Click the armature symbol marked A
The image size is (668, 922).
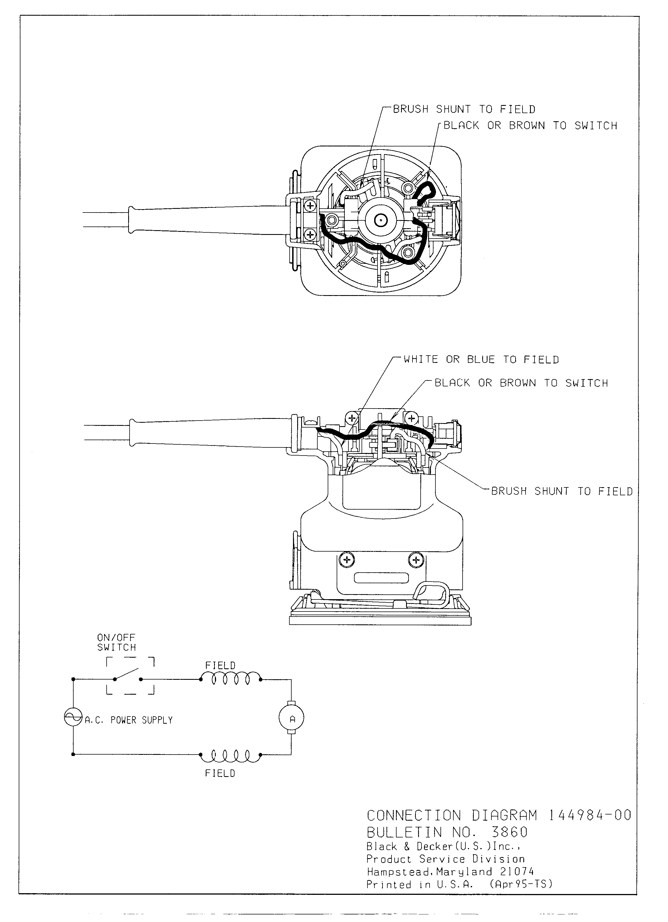(291, 719)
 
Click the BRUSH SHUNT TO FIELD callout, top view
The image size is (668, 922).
(464, 109)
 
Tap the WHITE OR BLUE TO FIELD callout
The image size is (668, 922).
(481, 360)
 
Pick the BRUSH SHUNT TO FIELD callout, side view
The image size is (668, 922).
(562, 491)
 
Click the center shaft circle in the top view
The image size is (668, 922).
(381, 221)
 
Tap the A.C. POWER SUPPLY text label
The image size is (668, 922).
(129, 720)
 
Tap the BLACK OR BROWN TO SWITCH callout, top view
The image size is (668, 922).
(530, 126)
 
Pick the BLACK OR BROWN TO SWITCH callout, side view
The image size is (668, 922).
(521, 383)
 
